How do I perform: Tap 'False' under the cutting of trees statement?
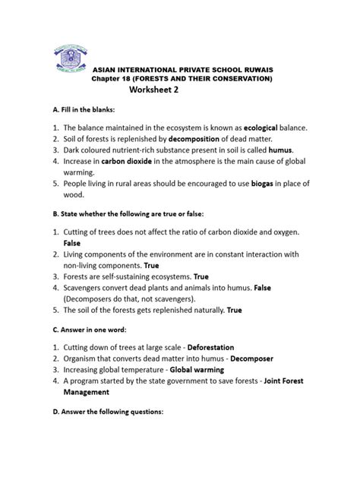(x=73, y=242)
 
